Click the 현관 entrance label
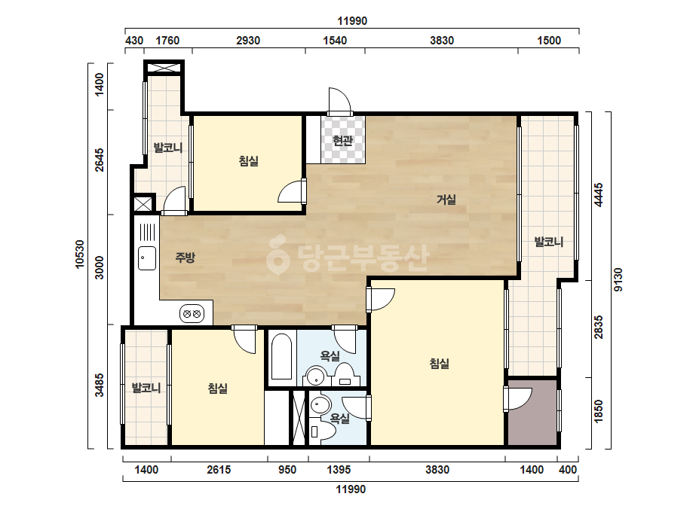tap(342, 141)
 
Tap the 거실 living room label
tap(446, 200)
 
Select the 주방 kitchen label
tap(185, 258)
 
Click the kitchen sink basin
tap(147, 258)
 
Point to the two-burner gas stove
tap(192, 314)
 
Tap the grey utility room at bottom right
tap(532, 413)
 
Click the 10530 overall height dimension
tap(80, 254)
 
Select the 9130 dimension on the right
tap(618, 280)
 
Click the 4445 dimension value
tap(599, 195)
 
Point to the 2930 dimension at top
tap(248, 41)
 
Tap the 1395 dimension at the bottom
tap(339, 470)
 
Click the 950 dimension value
tap(287, 470)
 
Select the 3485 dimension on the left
tap(100, 385)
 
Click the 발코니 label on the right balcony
tap(549, 242)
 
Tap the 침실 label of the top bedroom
tap(249, 161)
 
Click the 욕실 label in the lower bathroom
tap(340, 419)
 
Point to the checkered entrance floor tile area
tap(343, 140)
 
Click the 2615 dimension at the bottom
tap(219, 470)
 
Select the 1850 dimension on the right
tap(599, 411)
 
